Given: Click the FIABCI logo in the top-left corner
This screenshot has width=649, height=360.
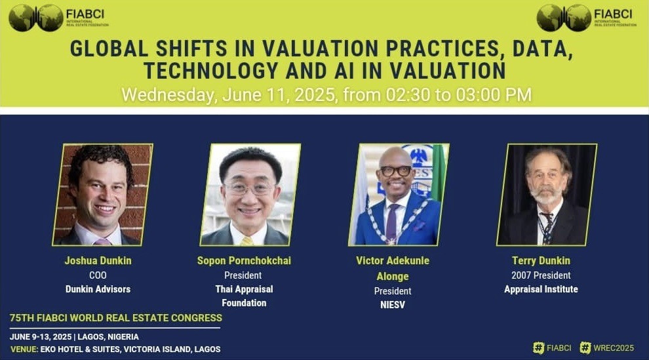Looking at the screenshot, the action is tap(58, 18).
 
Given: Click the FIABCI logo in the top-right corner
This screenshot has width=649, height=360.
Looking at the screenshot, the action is tap(587, 18).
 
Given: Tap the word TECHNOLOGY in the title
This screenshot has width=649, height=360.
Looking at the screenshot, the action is tap(210, 71).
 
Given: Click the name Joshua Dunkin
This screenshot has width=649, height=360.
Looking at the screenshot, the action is tap(98, 261).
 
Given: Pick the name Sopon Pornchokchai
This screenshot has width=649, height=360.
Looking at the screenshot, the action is tap(244, 261).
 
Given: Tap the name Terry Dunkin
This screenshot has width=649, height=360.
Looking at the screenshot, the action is tap(541, 261).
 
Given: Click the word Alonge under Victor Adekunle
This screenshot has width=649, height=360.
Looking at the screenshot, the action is tap(393, 277).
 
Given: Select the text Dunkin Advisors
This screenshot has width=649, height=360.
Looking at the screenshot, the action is tap(98, 289).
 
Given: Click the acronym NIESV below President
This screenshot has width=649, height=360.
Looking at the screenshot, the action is tap(393, 305).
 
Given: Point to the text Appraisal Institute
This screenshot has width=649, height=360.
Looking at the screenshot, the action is tap(541, 289).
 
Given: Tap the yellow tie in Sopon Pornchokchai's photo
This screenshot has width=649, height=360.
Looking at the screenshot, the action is tap(246, 241).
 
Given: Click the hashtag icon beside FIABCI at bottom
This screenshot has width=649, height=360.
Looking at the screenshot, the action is tap(538, 348).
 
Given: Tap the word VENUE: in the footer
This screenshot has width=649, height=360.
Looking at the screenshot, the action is tap(24, 350).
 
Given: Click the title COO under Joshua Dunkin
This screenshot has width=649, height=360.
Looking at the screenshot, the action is tap(98, 275).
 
